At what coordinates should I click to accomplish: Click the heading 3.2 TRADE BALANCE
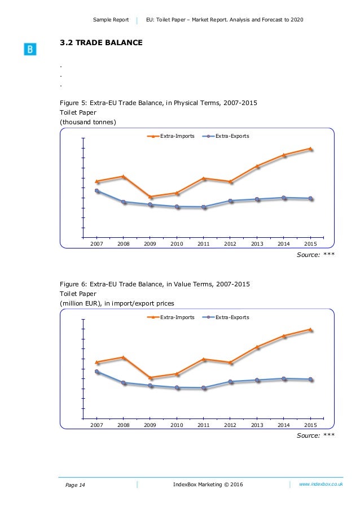tap(102, 42)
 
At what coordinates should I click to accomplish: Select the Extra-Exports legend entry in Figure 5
tap(226, 136)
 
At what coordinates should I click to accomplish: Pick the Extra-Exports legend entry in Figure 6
tap(226, 317)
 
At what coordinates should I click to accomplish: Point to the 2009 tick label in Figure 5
tap(150, 243)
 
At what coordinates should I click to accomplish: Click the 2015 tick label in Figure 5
tap(310, 243)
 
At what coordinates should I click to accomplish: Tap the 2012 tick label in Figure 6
tap(230, 424)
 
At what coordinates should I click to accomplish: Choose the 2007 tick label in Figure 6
tap(96, 424)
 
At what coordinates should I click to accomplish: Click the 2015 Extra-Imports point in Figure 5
tap(310, 149)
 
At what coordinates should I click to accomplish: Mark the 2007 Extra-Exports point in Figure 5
tap(97, 191)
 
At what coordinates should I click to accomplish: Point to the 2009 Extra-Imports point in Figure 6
tap(150, 378)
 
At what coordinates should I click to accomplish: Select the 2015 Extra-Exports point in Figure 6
tap(310, 379)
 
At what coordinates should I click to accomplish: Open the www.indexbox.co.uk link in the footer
tap(321, 484)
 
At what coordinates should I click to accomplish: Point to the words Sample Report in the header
tap(112, 20)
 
